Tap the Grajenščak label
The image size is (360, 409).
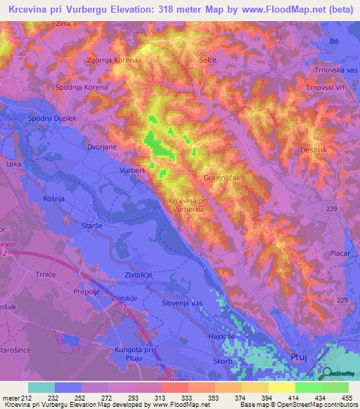point(222,178)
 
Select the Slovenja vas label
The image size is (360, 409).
point(181,302)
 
